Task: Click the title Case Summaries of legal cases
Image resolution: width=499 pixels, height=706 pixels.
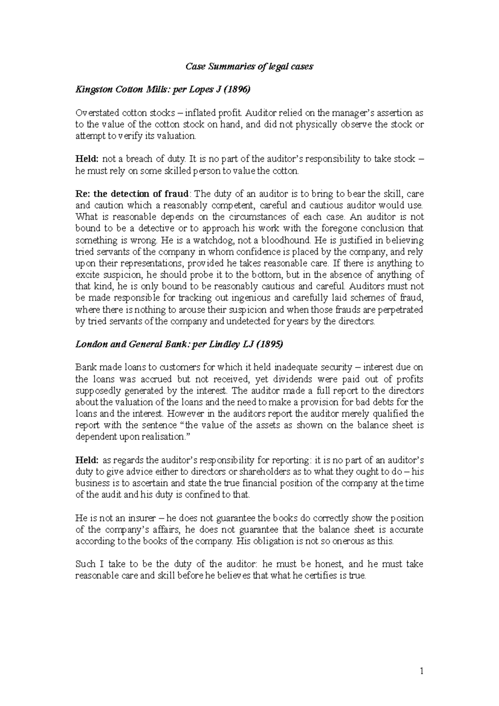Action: point(249,67)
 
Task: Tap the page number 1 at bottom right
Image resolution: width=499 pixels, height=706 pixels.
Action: point(421,671)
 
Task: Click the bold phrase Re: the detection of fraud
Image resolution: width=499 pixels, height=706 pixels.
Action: point(132,194)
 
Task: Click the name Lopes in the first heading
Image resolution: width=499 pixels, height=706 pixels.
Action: point(202,89)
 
